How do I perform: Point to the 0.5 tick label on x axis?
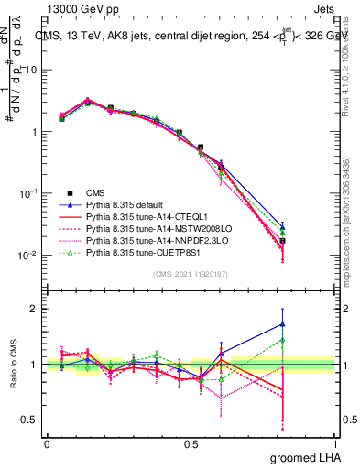point(192,443)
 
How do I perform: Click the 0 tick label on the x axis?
point(47,443)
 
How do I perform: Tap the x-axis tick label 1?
point(338,443)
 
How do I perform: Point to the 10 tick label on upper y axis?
point(31,70)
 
